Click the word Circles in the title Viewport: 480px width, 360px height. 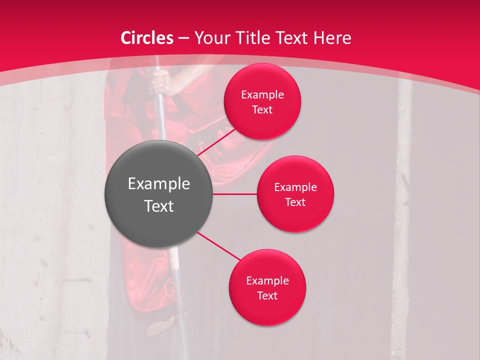click(147, 38)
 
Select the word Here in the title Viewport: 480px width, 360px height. click(332, 38)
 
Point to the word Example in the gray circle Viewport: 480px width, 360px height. click(159, 184)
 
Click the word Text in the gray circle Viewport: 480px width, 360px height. click(159, 206)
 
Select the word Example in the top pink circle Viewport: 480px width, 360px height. click(262, 95)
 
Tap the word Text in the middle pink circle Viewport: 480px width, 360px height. click(295, 202)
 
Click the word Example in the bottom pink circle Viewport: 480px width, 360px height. click(267, 281)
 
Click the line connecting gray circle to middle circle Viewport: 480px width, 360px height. click(235, 194)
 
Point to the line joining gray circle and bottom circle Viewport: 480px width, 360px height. click(220, 246)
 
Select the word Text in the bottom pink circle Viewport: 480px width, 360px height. click(267, 296)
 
